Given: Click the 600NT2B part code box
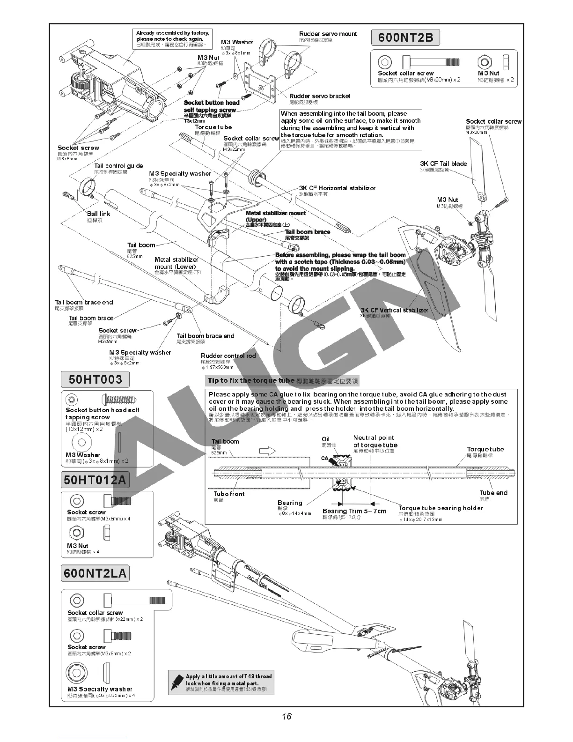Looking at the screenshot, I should point(405,37).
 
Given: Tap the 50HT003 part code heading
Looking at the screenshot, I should point(95,379).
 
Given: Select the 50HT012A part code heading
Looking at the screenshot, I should point(95,479).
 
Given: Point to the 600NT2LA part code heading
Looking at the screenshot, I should point(95,573).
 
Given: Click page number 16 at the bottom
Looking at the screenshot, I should point(286,716).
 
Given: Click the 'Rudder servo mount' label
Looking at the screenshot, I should point(328,34).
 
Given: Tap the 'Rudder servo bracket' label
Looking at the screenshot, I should point(319,96).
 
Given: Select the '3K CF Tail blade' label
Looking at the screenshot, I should point(443,163).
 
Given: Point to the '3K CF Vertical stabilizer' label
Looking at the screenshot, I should point(394,310).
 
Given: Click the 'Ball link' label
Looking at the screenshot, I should point(98,214).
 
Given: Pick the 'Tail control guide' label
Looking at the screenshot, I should point(118,165).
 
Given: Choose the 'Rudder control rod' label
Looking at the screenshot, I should point(228,356).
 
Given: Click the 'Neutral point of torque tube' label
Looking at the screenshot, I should point(375,441).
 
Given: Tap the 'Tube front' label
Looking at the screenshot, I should point(229,494).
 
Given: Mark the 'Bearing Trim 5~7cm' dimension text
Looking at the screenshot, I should point(354,511).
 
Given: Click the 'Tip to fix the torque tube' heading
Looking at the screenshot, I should point(251,380).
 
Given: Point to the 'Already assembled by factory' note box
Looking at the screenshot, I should point(173,38).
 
